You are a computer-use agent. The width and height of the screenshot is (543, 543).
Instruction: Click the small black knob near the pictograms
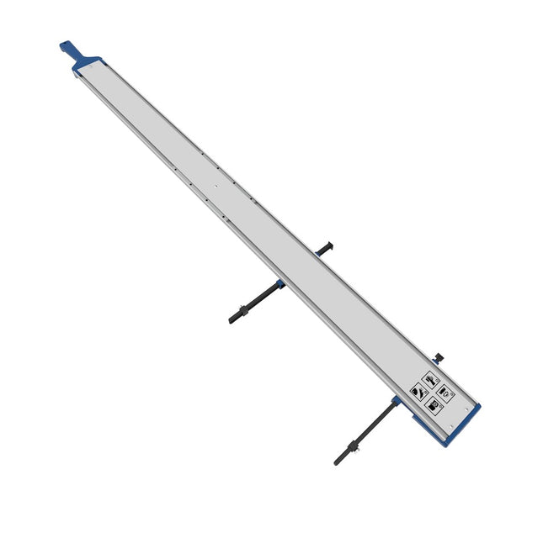pos(438,356)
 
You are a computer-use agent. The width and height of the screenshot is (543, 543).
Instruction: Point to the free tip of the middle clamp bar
pos(232,319)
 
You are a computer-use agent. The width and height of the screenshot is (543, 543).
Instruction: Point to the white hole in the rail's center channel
pos(216,186)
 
